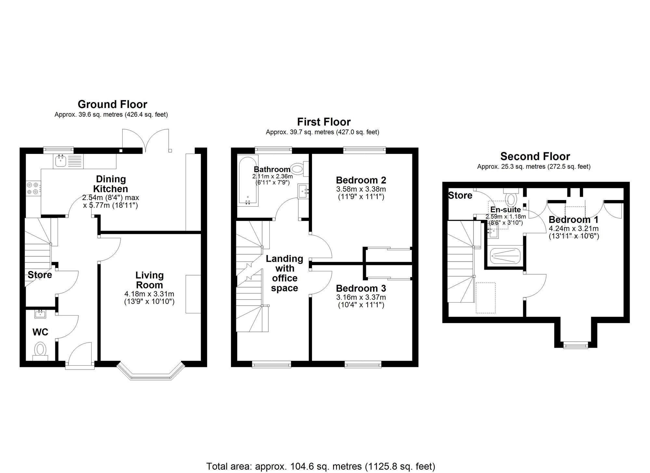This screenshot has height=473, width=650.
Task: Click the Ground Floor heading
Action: coord(112,104)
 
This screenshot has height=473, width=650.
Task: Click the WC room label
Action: coord(40,332)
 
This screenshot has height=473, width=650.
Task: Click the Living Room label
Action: coord(149,280)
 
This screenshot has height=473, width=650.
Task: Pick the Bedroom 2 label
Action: coord(361,180)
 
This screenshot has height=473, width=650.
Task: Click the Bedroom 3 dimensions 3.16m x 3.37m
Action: coord(361,297)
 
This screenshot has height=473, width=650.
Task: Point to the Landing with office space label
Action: coord(284,273)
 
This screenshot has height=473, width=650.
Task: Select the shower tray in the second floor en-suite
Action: coord(505,256)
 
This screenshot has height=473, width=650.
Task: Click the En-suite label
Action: coord(505,209)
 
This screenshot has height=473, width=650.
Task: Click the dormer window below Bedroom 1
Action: coord(576,345)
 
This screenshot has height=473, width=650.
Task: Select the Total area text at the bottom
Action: coord(320,466)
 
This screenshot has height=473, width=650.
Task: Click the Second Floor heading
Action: coord(535,156)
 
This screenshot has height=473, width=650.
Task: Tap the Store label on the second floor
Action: coord(460,195)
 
